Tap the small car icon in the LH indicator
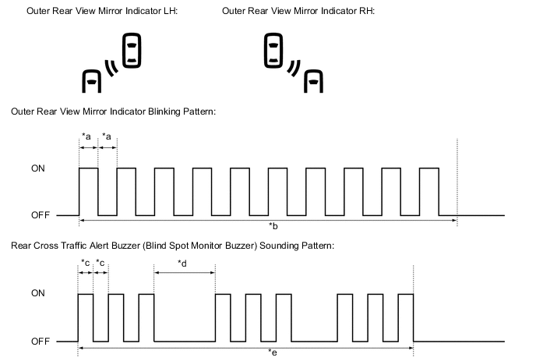pos(92,80)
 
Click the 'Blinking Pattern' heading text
pos(113,112)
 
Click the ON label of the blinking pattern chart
pos(37,168)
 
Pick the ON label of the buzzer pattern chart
pos(37,294)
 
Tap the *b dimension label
pos(273,226)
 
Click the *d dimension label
pos(182,263)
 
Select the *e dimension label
pos(272,352)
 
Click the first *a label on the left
pos(86,136)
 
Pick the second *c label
pos(100,263)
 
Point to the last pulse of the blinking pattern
pos(429,191)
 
